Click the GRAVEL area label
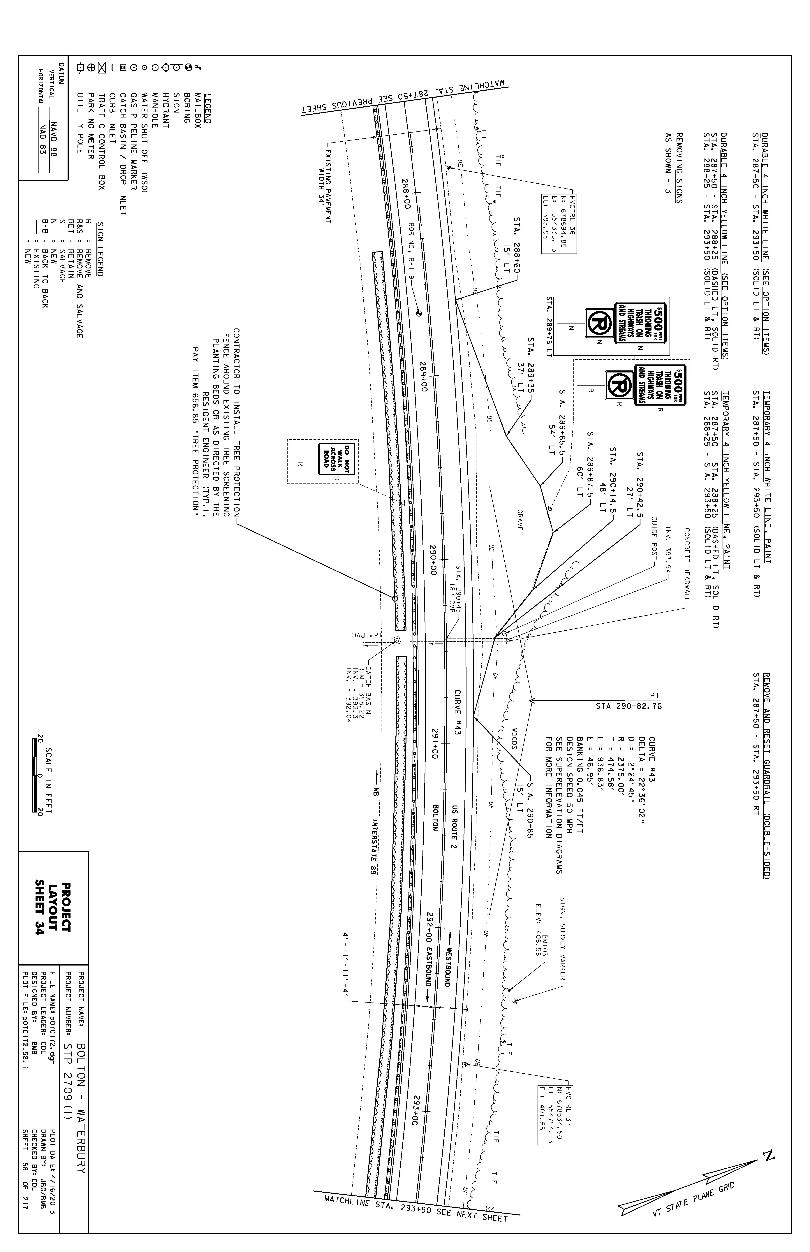click(x=519, y=522)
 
